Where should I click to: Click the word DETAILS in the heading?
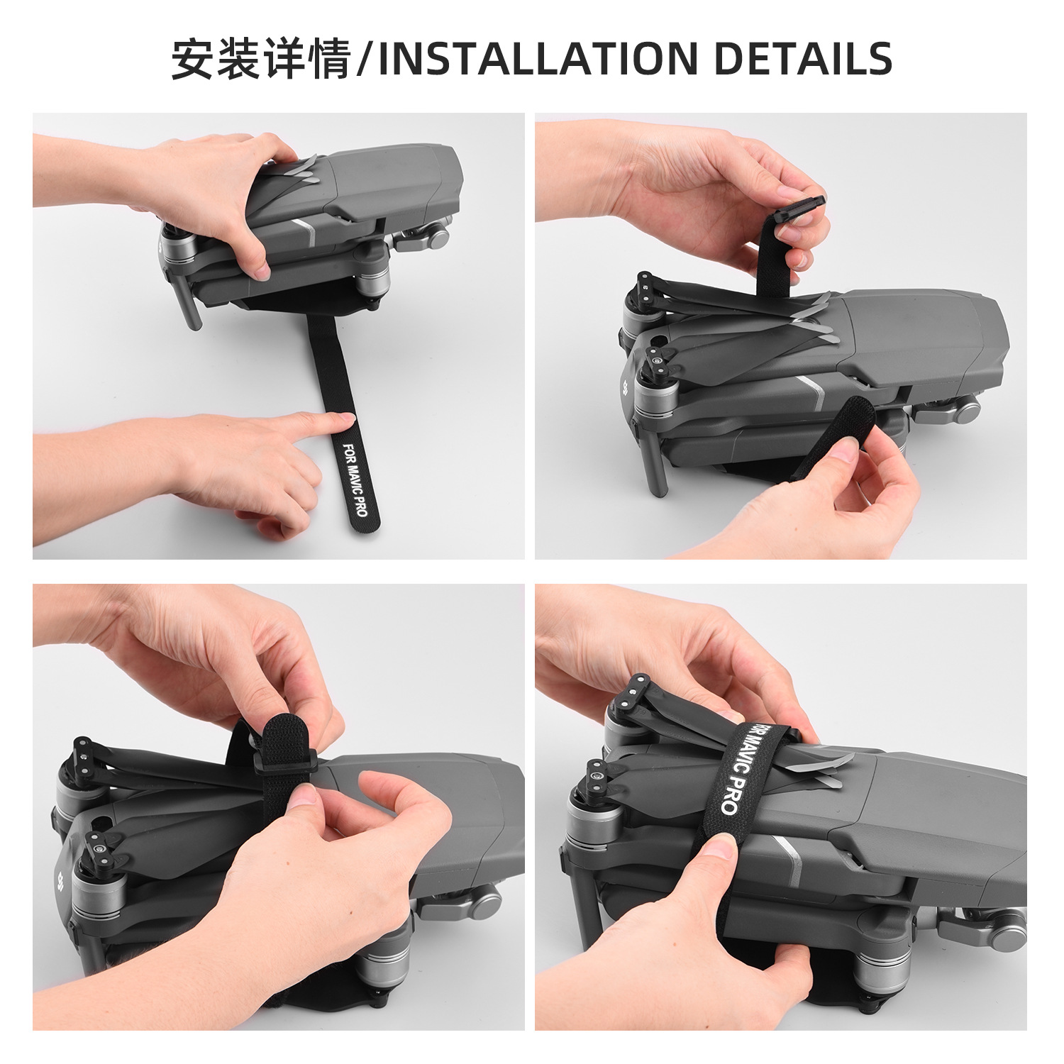pyautogui.click(x=803, y=58)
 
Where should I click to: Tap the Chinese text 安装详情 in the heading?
pyautogui.click(x=262, y=58)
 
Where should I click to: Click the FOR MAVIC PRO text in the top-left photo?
pyautogui.click(x=355, y=480)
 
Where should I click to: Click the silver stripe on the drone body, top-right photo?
pyautogui.click(x=811, y=392)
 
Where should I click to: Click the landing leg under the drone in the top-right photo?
pyautogui.click(x=655, y=461)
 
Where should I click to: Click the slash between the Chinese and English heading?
pyautogui.click(x=365, y=58)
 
